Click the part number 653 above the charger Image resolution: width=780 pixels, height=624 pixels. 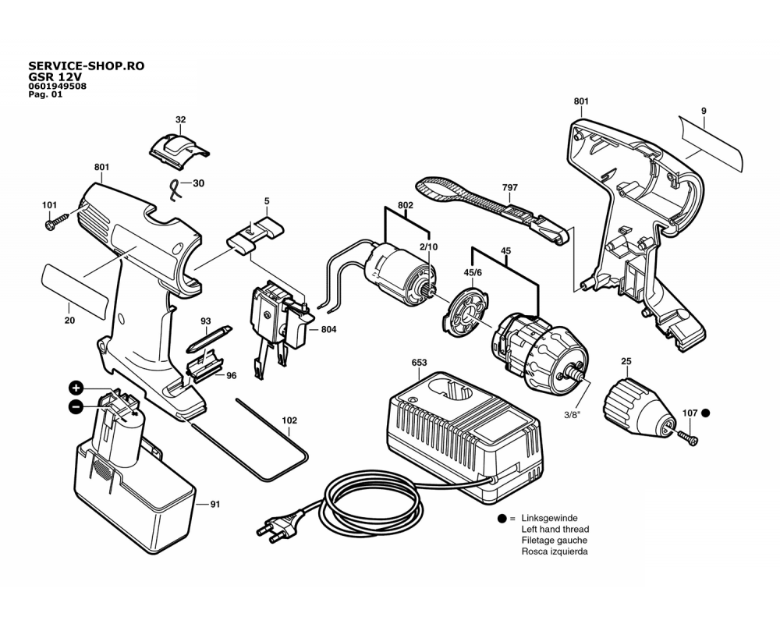tap(419, 363)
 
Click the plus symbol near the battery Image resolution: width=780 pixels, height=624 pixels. tap(76, 388)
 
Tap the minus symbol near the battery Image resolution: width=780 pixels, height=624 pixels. tap(76, 406)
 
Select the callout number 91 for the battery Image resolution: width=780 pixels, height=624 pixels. tap(214, 505)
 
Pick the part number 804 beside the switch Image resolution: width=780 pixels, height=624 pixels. tap(328, 330)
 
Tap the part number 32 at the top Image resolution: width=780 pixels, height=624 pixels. tap(180, 119)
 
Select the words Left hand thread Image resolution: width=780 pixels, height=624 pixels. tap(555, 529)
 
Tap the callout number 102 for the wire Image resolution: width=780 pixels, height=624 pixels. tap(289, 420)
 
